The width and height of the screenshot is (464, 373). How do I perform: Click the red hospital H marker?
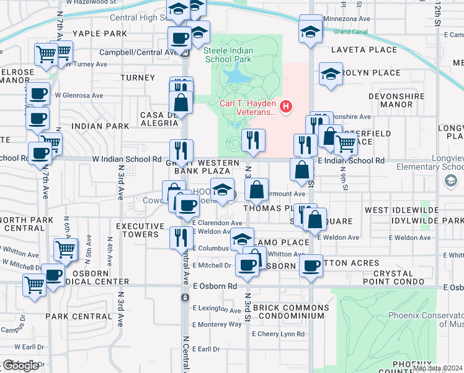point(286,106)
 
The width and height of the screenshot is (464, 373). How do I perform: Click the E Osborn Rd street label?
point(215,287)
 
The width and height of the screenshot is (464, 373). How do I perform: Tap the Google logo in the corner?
point(20,366)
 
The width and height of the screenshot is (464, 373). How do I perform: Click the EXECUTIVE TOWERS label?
point(138,230)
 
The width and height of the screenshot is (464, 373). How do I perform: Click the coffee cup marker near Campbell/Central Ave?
point(179,37)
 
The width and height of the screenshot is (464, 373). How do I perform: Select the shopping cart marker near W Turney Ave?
point(47,55)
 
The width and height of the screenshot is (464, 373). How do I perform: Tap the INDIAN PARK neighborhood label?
point(100,126)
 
